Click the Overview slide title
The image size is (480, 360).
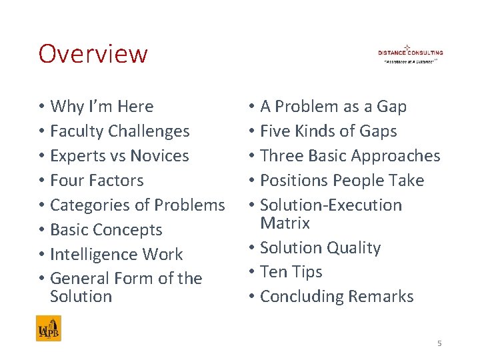[93, 53]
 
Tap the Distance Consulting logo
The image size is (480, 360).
[410, 53]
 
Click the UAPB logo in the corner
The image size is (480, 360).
[49, 328]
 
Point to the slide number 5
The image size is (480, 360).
[439, 343]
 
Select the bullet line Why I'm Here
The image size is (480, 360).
[101, 107]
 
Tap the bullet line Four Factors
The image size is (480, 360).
[97, 181]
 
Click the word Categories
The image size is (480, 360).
[93, 205]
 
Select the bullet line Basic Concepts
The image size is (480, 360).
[106, 230]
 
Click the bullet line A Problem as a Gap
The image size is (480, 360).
[333, 107]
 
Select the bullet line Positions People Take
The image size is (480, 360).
[342, 181]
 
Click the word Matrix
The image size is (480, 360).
[285, 223]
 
